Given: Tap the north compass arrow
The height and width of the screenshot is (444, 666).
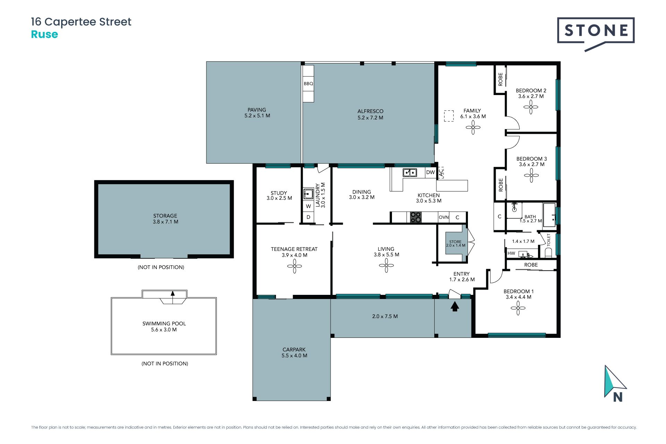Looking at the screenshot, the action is [x=614, y=382].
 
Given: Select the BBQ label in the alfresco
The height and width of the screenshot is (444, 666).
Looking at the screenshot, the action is [x=308, y=84].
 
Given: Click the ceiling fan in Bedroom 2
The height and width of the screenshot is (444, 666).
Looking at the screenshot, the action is [x=531, y=107].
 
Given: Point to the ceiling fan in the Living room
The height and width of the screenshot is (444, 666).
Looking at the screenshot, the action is [x=386, y=266].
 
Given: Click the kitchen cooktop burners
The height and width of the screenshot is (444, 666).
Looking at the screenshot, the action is [x=416, y=217].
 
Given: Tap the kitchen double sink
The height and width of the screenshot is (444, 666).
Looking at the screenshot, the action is [x=410, y=172].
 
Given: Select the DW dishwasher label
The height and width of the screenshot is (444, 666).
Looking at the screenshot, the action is [x=430, y=172].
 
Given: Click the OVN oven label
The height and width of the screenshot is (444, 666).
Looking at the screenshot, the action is [x=444, y=217].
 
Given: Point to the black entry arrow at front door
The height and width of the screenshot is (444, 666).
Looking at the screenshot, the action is [x=455, y=306].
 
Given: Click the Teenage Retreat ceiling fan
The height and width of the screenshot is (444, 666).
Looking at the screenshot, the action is [x=294, y=266].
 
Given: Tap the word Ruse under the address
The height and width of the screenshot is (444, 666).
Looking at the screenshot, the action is [x=44, y=34].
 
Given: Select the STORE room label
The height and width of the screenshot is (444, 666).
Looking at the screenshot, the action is [x=455, y=242].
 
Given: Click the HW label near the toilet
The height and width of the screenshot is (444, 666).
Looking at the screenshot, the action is [x=511, y=253].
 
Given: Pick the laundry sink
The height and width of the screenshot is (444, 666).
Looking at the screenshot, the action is [x=308, y=194].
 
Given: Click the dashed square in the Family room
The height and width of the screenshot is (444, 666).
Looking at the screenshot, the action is [x=449, y=116].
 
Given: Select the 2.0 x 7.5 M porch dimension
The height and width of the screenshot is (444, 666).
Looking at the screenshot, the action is [x=385, y=316].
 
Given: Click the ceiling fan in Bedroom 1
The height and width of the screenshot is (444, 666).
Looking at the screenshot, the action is [x=518, y=308].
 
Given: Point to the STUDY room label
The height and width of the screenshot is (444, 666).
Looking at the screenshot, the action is [x=279, y=193].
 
